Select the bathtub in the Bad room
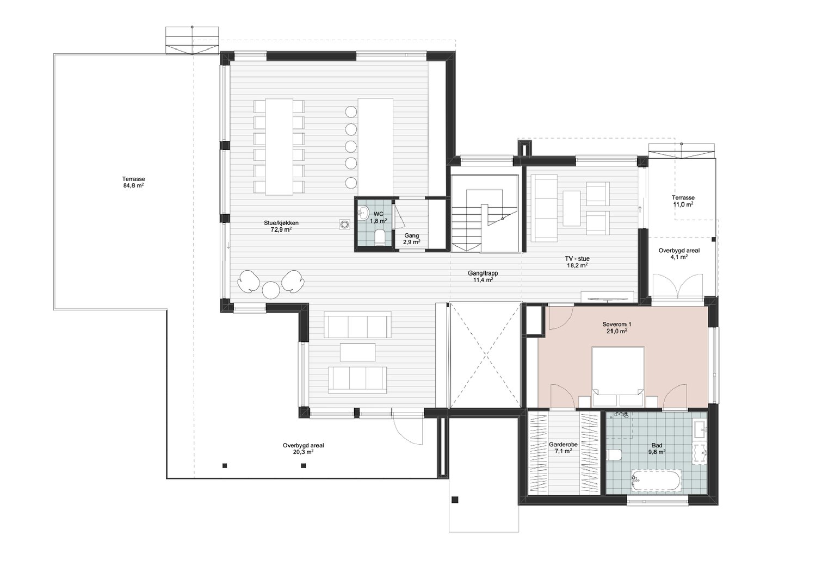pos(656,481)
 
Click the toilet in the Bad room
pos(615,454)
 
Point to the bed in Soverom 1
pos(618,376)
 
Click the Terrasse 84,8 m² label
pos(133,182)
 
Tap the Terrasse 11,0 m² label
pos(683,201)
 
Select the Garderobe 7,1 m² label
pos(563,447)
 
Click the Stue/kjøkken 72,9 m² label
pos(281,226)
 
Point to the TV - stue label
pos(577,258)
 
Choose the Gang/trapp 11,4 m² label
pos(483,276)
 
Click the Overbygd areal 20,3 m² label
pos(303,448)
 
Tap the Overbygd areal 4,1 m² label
pos(679,253)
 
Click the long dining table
pos(279,146)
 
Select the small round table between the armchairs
pos(271,290)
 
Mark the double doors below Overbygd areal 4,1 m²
pos(677,288)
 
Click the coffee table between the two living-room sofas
pos(358,352)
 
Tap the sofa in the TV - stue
pos(544,208)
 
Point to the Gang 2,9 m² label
pos(412,239)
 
